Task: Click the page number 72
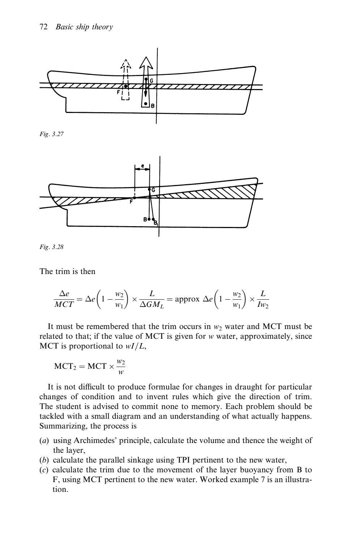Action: (x=43, y=27)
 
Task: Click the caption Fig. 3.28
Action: (x=51, y=247)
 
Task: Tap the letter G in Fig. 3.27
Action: (x=152, y=80)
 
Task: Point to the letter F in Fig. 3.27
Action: (x=118, y=92)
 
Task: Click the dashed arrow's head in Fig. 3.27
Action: (x=126, y=63)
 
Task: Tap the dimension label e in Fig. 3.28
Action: (x=143, y=166)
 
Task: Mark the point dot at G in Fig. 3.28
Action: (x=149, y=189)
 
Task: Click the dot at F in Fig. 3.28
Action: (x=135, y=198)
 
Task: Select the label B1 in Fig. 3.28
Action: (x=156, y=223)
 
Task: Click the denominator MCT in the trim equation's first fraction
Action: (x=64, y=304)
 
